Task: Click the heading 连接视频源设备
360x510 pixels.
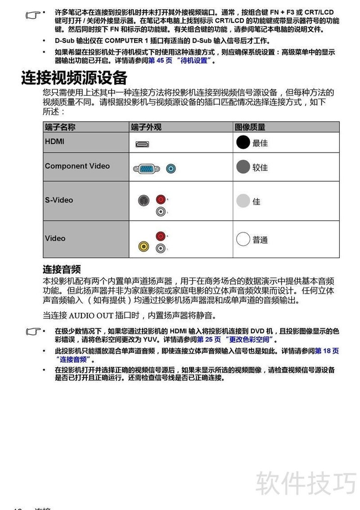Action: tap(74, 78)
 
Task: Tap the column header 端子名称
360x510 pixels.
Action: tap(60, 127)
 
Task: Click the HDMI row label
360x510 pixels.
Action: tap(54, 141)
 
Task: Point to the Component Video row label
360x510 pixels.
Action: tap(77, 166)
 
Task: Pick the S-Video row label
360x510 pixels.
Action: tap(58, 200)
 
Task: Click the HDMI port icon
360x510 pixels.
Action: tap(143, 144)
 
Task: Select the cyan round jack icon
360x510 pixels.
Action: tap(171, 169)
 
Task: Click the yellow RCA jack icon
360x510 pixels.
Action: tap(144, 246)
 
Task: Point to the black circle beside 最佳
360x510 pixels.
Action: tap(243, 142)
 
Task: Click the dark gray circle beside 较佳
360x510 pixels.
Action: tap(243, 167)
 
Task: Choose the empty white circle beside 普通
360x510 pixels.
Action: tap(243, 239)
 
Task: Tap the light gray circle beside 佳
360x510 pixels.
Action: tap(243, 201)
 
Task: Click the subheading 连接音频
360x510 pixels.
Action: tap(62, 269)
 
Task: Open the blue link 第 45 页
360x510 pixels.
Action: tap(160, 61)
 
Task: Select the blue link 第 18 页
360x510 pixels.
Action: tap(327, 351)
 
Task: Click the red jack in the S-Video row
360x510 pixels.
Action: tap(160, 199)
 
